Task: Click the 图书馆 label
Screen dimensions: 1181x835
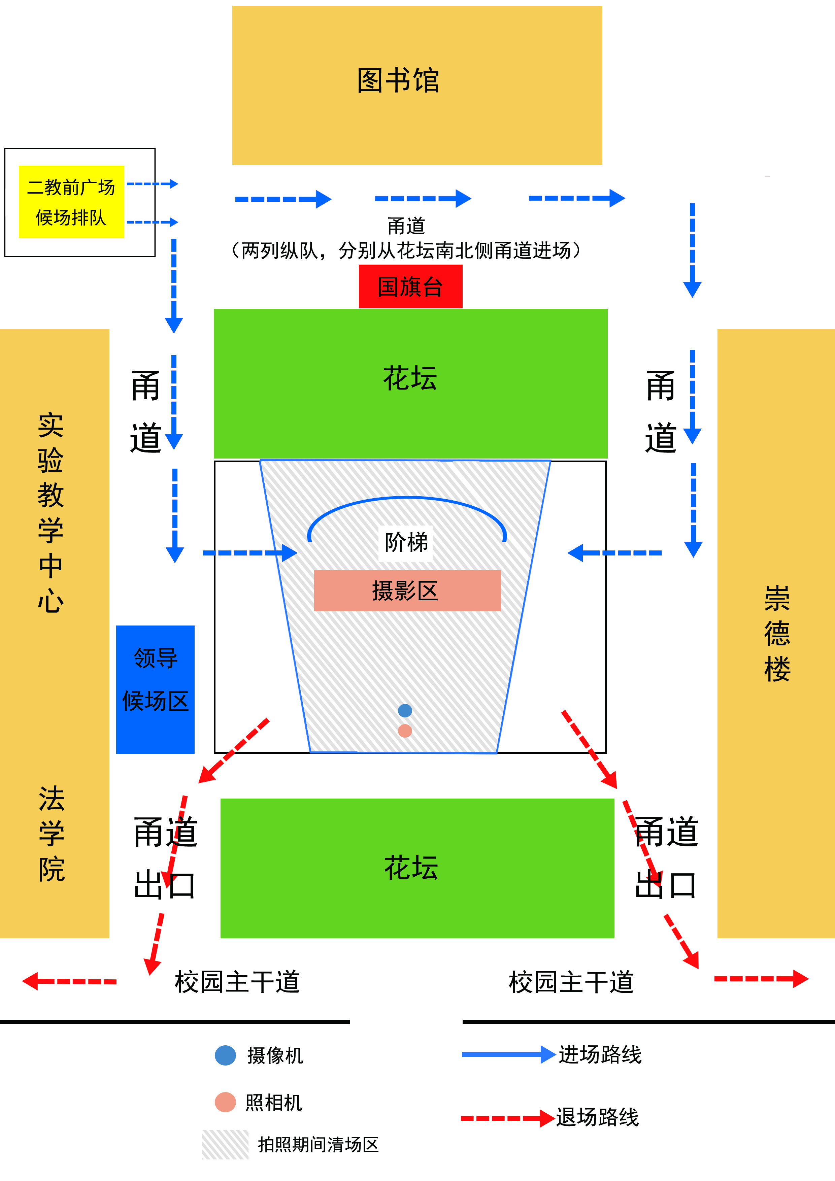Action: point(398,81)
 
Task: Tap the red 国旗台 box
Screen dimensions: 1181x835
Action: point(410,286)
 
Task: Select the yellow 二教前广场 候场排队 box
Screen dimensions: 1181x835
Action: point(71,202)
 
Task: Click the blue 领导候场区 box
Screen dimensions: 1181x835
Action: point(155,689)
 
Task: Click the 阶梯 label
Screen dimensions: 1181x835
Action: point(406,542)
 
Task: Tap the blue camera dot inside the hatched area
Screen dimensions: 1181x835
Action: point(405,710)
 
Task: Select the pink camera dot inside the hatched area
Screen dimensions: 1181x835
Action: point(405,731)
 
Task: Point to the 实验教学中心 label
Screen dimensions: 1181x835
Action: point(51,512)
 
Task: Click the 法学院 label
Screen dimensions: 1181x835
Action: point(52,833)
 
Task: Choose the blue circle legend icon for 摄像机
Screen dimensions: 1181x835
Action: point(225,1055)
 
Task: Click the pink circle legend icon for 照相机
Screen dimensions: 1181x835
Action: point(225,1102)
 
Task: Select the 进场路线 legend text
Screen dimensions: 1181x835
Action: point(600,1054)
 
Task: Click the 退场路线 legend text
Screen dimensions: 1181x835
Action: point(597,1117)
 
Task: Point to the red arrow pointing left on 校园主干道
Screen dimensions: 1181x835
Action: point(69,981)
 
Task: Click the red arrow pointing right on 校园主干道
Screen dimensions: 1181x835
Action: point(761,978)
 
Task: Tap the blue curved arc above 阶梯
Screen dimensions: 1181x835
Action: point(406,499)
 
